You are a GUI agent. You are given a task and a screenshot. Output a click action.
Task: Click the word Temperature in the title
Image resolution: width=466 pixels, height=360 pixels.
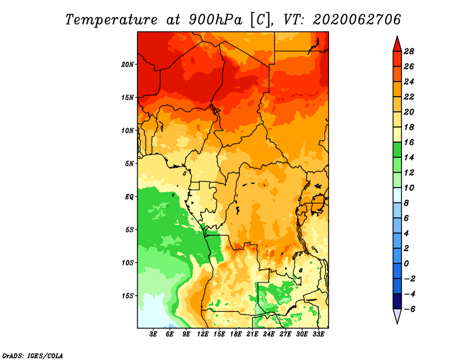click(111, 20)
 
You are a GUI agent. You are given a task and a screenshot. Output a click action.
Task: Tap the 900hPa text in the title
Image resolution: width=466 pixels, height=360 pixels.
click(216, 20)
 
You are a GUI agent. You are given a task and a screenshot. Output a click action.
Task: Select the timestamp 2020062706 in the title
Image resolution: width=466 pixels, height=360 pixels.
click(357, 20)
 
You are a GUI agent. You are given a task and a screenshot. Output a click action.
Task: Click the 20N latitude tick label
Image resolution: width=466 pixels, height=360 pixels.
click(128, 65)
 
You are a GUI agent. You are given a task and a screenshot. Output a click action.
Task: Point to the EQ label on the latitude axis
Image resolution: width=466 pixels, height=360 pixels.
click(129, 197)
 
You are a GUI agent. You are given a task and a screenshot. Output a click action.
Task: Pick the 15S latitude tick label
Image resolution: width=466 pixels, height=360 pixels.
click(128, 296)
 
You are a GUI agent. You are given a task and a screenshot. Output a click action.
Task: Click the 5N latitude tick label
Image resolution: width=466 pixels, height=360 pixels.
click(129, 164)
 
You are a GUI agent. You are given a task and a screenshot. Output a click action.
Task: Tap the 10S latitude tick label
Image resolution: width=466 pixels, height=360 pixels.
click(128, 263)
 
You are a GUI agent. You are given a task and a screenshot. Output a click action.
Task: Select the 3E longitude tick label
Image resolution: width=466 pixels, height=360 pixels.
click(153, 334)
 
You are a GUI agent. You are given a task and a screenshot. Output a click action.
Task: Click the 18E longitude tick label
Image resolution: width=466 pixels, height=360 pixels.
click(236, 334)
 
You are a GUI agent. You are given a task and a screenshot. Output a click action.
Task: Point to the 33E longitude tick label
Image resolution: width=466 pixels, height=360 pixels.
click(318, 334)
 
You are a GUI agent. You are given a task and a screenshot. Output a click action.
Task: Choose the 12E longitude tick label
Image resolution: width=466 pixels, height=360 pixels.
click(203, 334)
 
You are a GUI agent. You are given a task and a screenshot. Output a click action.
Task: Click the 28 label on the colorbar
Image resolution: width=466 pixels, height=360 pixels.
click(409, 51)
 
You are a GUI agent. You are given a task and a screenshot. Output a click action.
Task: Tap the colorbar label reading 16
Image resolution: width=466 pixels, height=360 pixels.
click(409, 142)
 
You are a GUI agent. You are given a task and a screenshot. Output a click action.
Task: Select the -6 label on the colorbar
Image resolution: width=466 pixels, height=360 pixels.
click(409, 309)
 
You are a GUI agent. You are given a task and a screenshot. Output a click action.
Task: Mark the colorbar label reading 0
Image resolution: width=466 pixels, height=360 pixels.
click(406, 264)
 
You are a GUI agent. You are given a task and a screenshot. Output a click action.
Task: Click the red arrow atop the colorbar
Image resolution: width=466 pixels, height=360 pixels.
click(397, 45)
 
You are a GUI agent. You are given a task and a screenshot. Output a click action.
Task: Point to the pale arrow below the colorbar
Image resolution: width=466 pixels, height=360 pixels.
click(397, 316)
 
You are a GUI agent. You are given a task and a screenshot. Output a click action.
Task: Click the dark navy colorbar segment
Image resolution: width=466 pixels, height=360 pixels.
click(397, 301)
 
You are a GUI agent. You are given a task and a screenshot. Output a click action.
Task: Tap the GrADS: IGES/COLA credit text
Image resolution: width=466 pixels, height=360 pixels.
click(33, 356)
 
